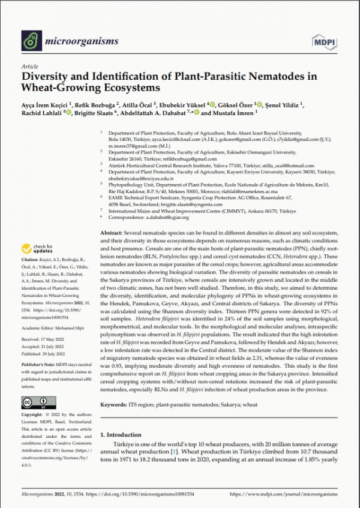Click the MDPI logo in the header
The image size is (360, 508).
(x=323, y=41)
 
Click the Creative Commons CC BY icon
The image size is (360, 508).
(x=34, y=401)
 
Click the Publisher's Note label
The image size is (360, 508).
(x=37, y=364)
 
